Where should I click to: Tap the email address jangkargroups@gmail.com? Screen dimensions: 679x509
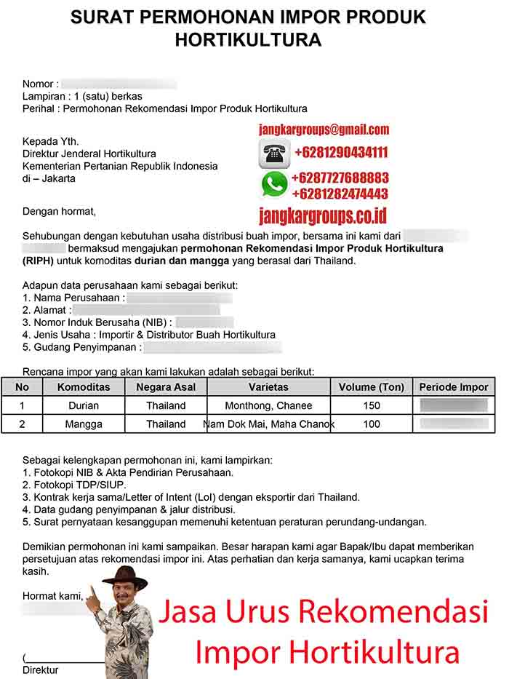pyautogui.click(x=324, y=130)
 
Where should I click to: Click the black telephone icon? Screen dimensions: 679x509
pyautogui.click(x=274, y=154)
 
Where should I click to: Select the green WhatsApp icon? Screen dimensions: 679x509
pyautogui.click(x=274, y=185)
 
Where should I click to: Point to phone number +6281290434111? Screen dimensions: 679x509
pyautogui.click(x=340, y=153)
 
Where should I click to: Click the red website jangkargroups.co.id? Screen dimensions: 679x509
pyautogui.click(x=322, y=215)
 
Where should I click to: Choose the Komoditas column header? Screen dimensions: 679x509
pyautogui.click(x=84, y=387)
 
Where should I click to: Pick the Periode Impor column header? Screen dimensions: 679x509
pyautogui.click(x=454, y=387)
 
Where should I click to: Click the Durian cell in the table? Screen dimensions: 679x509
pyautogui.click(x=84, y=405)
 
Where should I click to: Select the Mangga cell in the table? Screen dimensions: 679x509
pyautogui.click(x=84, y=424)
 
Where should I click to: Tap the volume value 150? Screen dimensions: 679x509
pyautogui.click(x=371, y=405)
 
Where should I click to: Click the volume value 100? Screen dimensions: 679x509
pyautogui.click(x=371, y=424)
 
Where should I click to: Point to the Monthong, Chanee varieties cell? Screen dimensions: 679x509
pyautogui.click(x=268, y=405)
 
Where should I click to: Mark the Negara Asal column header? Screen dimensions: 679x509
pyautogui.click(x=166, y=387)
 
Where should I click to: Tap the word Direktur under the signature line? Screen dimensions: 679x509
pyautogui.click(x=41, y=670)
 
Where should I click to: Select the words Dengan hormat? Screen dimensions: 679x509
pyautogui.click(x=59, y=212)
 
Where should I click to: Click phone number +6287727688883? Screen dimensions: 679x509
pyautogui.click(x=340, y=178)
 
